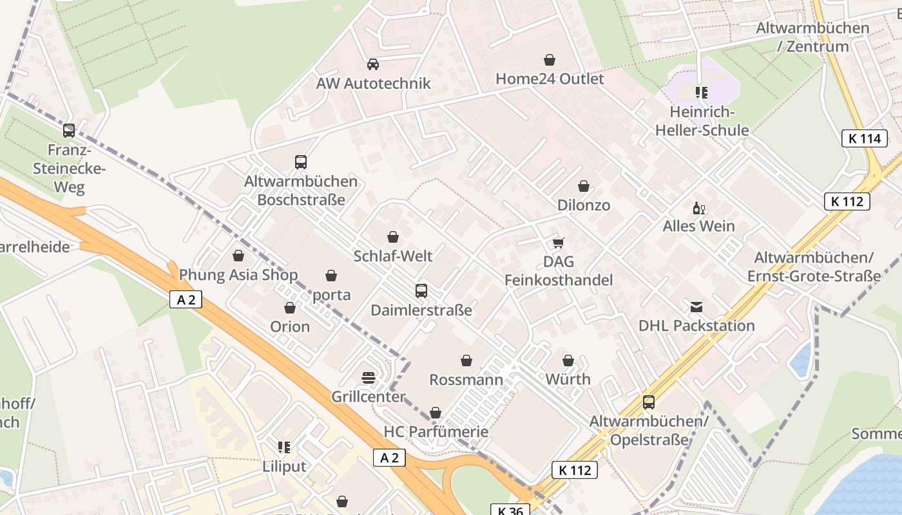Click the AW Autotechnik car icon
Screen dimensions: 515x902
click(x=372, y=64)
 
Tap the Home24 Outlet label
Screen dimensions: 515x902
click(x=550, y=79)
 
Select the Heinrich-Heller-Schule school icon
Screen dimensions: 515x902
click(x=702, y=93)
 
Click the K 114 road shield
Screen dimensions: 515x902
click(x=865, y=138)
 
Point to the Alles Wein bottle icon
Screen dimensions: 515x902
click(x=698, y=208)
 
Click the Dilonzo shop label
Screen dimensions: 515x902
click(x=583, y=205)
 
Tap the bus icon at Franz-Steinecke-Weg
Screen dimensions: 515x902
click(x=69, y=131)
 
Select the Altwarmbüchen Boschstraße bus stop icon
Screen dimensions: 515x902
click(x=301, y=162)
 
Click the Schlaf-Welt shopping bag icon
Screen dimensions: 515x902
click(x=393, y=238)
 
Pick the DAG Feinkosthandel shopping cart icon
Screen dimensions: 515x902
click(x=559, y=243)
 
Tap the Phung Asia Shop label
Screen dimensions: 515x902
click(x=238, y=275)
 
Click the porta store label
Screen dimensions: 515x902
click(x=331, y=295)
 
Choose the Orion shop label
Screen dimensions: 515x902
click(x=290, y=326)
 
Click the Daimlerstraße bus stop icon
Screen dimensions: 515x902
click(x=421, y=291)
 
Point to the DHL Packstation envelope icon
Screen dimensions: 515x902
click(x=696, y=307)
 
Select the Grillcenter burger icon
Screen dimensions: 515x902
click(x=369, y=377)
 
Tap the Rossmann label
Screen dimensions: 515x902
click(x=466, y=379)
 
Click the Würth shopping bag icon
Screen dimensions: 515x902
click(x=568, y=360)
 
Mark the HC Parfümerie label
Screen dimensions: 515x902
click(x=436, y=431)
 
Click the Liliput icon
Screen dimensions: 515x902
click(x=284, y=447)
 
